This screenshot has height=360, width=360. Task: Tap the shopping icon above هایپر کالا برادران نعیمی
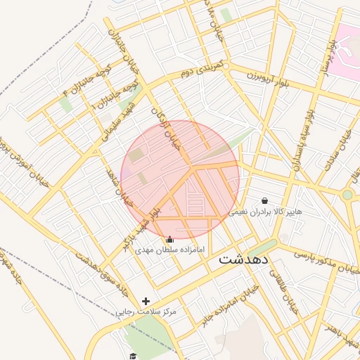[x=264, y=200]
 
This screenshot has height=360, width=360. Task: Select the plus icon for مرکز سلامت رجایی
[x=146, y=301]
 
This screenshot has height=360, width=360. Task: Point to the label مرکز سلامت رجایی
[x=146, y=311]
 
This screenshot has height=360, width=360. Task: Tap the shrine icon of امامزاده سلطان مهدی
[x=169, y=240]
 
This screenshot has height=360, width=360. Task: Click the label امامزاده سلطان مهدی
[x=169, y=250]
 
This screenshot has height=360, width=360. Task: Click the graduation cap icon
[x=131, y=355]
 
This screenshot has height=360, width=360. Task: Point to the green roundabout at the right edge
[x=347, y=194]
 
